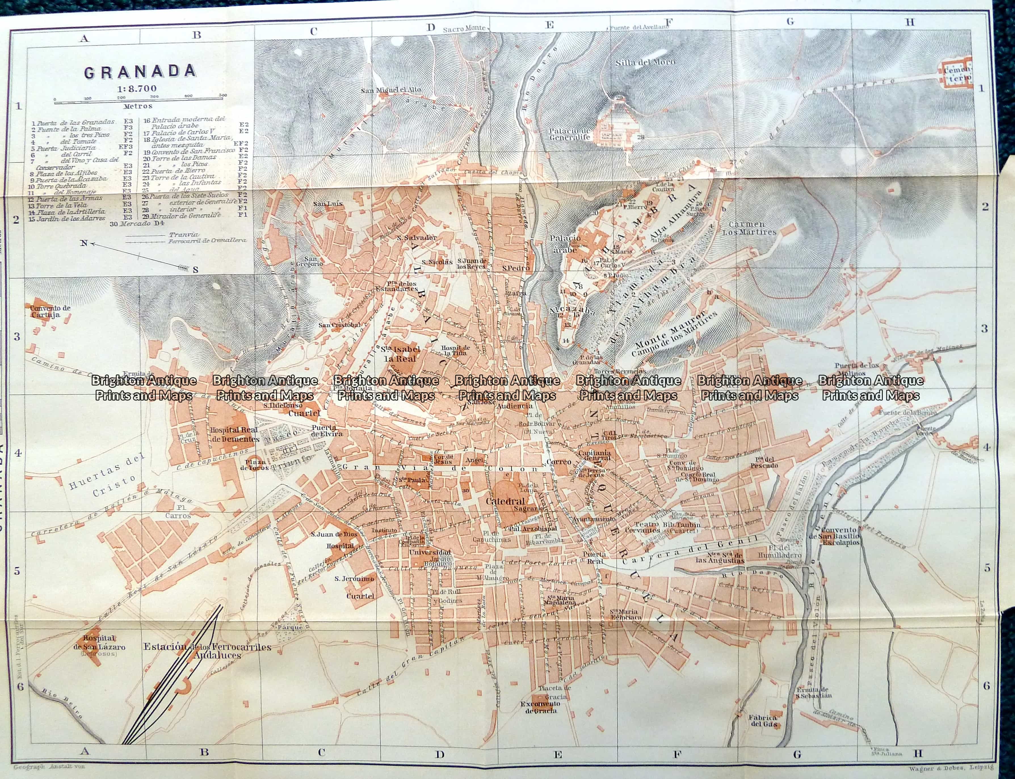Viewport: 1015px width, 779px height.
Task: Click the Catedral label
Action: click(x=505, y=501)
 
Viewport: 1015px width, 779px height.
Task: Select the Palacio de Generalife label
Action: click(x=570, y=134)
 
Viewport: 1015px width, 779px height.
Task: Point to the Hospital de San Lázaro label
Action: click(x=98, y=643)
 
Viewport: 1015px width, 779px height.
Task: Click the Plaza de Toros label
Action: click(x=255, y=465)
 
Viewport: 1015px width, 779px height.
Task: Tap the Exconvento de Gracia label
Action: click(x=540, y=707)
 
